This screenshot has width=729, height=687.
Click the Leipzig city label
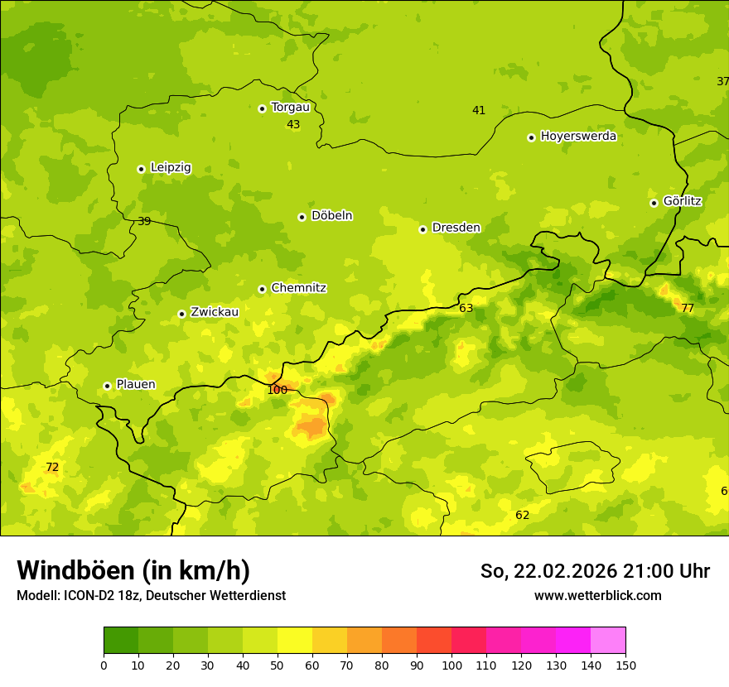171,168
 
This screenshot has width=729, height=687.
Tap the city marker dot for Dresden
422,229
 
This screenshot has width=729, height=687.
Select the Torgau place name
290,108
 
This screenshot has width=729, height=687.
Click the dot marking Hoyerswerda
531,137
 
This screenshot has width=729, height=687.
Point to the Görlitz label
682,201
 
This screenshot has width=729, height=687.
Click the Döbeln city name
331,216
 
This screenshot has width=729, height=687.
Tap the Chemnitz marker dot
262,289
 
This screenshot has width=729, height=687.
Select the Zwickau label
215,312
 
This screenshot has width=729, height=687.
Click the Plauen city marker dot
107,386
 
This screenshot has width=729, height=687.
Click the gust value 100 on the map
278,390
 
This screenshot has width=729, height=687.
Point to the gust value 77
688,309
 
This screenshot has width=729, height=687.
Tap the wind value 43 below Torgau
293,125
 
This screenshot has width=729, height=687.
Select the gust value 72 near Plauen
52,468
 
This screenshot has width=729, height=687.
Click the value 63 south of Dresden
466,309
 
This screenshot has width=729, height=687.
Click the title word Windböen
76,570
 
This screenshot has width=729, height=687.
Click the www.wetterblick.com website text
597,596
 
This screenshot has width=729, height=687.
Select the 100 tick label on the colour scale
451,665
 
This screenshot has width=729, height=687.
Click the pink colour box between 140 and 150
608,641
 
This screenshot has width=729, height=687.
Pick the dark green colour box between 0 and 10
121,641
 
